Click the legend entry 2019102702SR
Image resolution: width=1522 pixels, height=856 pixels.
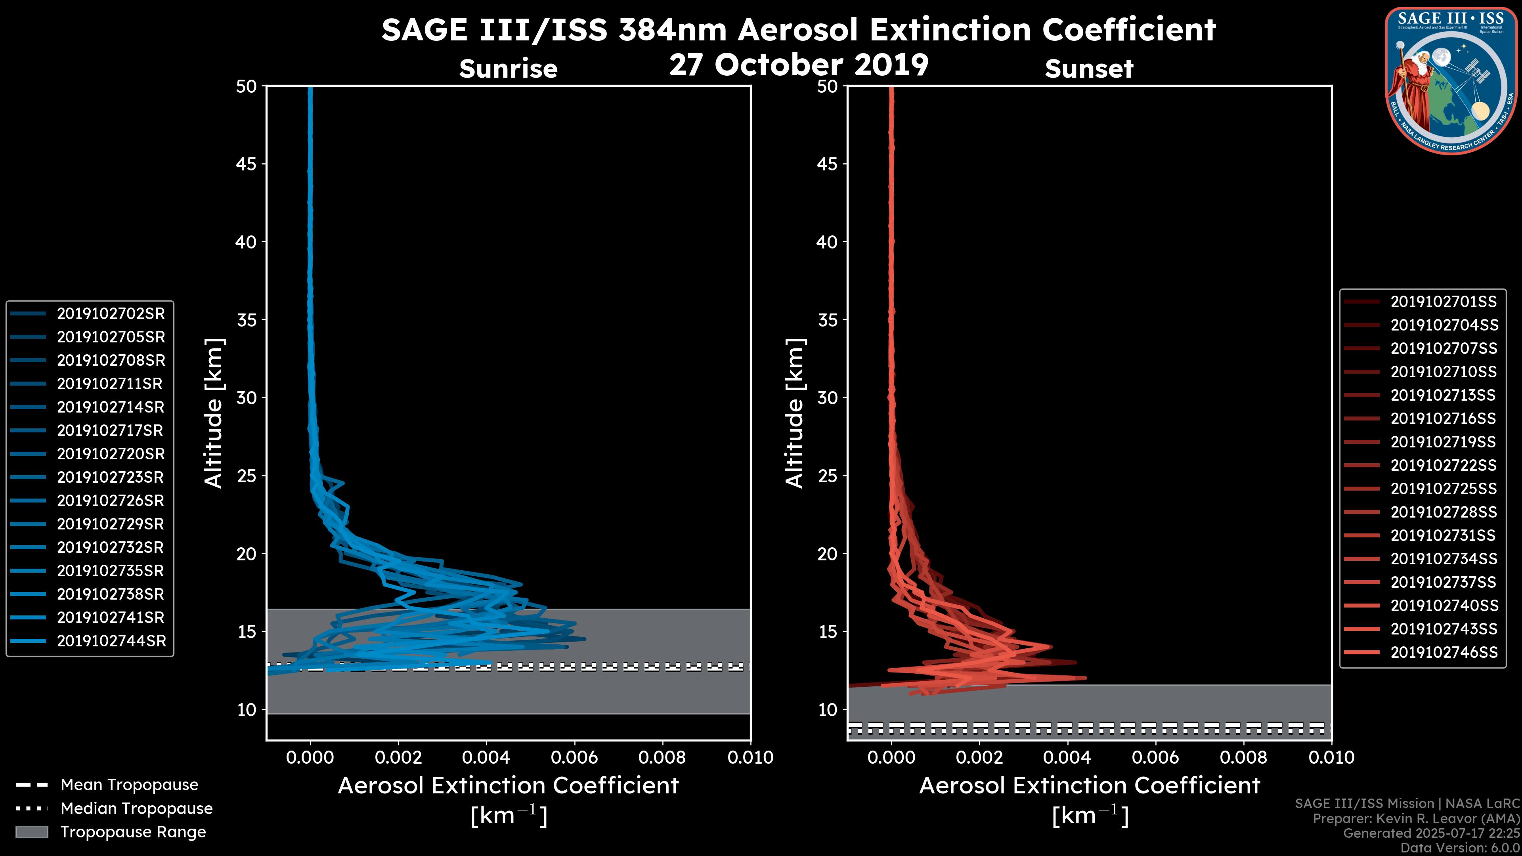(x=111, y=314)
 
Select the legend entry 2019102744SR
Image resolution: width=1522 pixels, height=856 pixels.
(x=111, y=641)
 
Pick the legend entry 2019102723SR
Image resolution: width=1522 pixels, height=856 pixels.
(x=111, y=477)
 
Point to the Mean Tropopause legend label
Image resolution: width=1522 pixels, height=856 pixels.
(x=129, y=785)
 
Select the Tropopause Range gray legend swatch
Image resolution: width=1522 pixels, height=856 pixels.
(x=31, y=832)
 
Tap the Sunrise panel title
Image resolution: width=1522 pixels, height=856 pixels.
(x=508, y=69)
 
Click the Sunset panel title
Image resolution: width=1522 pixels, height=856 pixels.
(x=1089, y=69)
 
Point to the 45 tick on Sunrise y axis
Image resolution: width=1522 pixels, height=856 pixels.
(x=247, y=164)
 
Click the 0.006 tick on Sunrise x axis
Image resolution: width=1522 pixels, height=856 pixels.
(x=574, y=757)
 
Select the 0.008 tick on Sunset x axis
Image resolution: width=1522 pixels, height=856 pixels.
(x=1244, y=757)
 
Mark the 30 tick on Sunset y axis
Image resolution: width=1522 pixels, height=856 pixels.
(x=827, y=397)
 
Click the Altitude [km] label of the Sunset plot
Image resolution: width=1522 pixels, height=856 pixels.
(x=795, y=413)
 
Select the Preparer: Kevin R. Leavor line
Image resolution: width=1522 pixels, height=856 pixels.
(x=1416, y=819)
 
